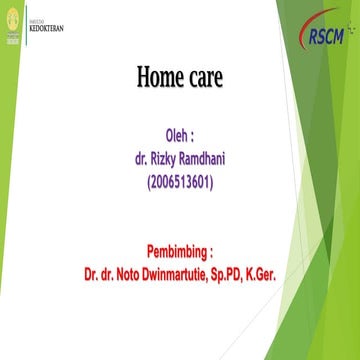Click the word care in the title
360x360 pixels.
(207, 76)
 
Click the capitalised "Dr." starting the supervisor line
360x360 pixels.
(93, 271)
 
